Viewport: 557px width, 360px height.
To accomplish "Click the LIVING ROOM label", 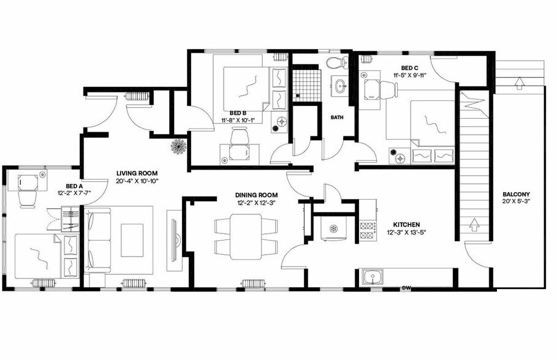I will [138, 173].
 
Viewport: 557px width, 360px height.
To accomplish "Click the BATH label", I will [337, 117].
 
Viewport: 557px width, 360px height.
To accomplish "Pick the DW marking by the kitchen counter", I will [406, 287].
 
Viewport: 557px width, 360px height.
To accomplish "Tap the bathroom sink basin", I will [339, 86].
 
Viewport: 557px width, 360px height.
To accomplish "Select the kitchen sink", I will [371, 277].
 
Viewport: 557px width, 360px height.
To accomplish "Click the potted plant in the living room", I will [179, 147].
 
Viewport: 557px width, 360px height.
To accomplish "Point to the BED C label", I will [410, 67].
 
